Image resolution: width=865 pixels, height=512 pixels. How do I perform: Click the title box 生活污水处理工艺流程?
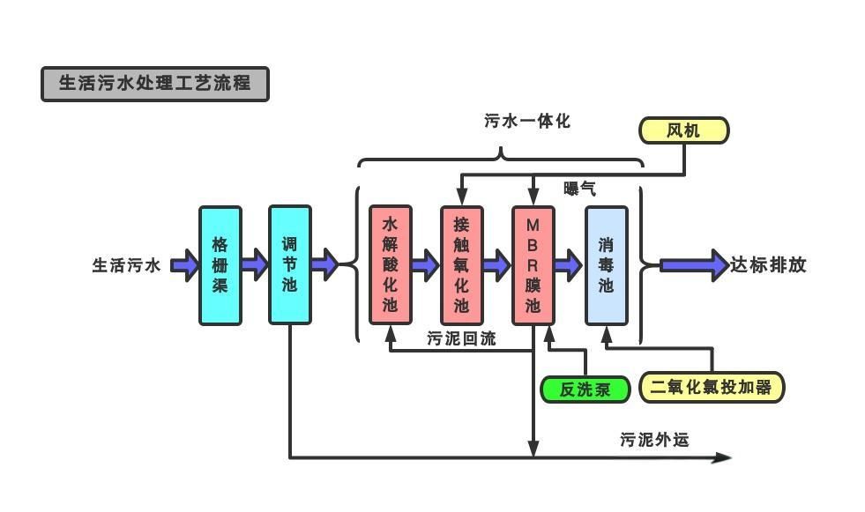point(154,84)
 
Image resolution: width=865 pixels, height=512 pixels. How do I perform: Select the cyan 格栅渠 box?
point(220,265)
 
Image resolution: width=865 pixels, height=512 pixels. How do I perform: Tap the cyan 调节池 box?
point(290,265)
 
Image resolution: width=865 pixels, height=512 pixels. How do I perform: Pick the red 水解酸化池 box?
point(390,265)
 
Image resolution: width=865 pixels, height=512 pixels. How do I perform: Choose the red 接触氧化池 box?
point(461,265)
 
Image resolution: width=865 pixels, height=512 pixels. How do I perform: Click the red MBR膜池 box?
point(533,265)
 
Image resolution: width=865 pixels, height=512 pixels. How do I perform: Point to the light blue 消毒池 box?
point(607,265)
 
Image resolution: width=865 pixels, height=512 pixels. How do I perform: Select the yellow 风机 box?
point(683,130)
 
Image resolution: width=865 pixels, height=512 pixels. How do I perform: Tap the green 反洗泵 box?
point(585,389)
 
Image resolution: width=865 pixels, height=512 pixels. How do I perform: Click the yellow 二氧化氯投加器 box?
point(711,387)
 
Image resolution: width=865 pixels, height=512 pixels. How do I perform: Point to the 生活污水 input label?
point(127,265)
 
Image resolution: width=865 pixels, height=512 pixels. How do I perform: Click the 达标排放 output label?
point(768,265)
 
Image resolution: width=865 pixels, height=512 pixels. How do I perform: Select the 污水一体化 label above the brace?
point(527,122)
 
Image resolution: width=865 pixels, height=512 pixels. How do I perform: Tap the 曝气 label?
point(579,189)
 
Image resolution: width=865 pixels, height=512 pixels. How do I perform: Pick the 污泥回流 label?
point(461,338)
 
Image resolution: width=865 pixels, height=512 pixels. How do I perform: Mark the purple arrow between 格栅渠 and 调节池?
point(255,264)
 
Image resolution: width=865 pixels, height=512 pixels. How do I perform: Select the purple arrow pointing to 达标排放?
point(694,265)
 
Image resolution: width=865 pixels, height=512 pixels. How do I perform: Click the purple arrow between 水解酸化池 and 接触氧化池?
point(425,264)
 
